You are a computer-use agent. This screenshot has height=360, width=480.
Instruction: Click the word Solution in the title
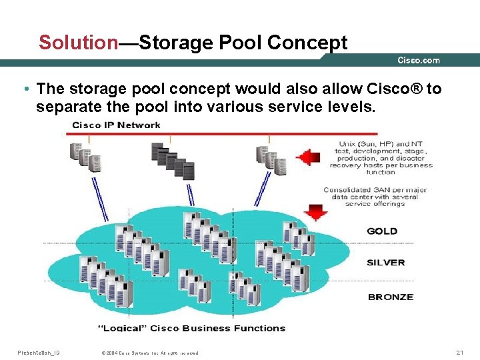78,43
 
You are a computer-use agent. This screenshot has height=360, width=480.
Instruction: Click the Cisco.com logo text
419,61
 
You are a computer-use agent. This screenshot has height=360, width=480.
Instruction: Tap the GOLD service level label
382,231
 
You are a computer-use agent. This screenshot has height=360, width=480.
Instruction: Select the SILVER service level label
386,263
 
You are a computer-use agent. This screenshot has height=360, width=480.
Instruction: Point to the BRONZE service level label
391,297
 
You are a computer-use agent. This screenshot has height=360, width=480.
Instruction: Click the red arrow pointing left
308,157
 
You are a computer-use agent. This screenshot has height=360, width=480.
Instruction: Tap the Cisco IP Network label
116,125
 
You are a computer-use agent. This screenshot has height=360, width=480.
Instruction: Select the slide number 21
459,352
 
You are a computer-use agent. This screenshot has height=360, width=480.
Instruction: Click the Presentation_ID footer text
38,352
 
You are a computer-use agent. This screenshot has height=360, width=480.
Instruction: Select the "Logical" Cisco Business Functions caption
192,328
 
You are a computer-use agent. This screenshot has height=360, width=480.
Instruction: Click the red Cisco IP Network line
200,133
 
